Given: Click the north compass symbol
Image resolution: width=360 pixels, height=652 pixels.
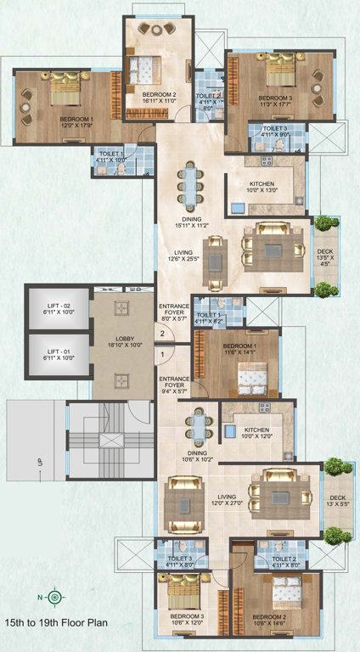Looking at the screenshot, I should pos(53,597).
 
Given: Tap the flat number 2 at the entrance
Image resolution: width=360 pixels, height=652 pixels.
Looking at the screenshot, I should pos(161,334).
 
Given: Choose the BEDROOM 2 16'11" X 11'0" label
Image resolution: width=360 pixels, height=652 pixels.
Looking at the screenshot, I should pos(159,98).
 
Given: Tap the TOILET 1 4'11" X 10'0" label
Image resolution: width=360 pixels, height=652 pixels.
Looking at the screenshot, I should pos(110,155).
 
